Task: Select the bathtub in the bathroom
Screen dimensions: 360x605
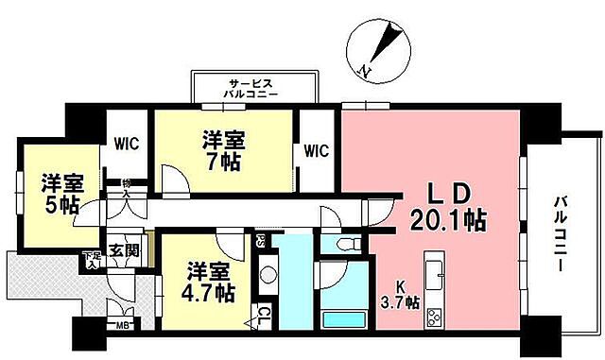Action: pyautogui.click(x=345, y=318)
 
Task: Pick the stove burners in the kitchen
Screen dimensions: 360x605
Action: pyautogui.click(x=436, y=316)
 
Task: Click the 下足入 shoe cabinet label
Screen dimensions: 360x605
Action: pyautogui.click(x=91, y=257)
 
